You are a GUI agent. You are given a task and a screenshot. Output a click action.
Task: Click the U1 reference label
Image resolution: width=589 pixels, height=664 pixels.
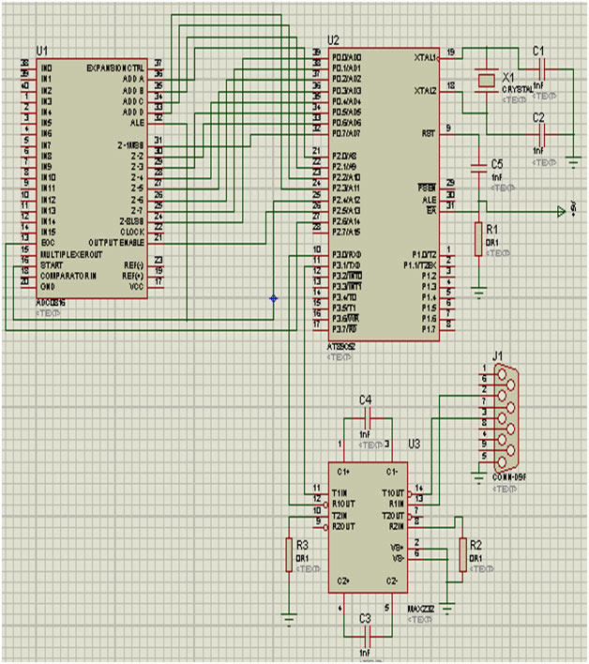click(40, 49)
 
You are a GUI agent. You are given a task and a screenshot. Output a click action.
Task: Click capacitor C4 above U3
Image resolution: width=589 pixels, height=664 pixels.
click(367, 416)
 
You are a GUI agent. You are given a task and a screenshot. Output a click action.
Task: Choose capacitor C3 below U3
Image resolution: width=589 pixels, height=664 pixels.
click(367, 631)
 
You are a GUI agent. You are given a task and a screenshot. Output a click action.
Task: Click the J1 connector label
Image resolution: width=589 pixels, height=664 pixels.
click(497, 356)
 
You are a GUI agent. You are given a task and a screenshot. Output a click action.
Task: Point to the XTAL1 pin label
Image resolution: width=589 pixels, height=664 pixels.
click(425, 57)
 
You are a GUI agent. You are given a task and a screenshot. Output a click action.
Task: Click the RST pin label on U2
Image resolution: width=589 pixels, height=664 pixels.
click(430, 132)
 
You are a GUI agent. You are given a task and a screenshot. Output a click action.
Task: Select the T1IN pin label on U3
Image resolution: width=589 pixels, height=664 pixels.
click(340, 493)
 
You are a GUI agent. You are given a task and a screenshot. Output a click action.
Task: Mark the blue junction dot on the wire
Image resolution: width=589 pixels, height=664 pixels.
click(273, 298)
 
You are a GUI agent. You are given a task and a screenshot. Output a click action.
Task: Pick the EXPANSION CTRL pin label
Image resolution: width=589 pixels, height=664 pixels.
click(115, 69)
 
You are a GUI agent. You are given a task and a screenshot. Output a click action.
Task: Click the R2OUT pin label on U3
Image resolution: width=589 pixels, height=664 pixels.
click(342, 526)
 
